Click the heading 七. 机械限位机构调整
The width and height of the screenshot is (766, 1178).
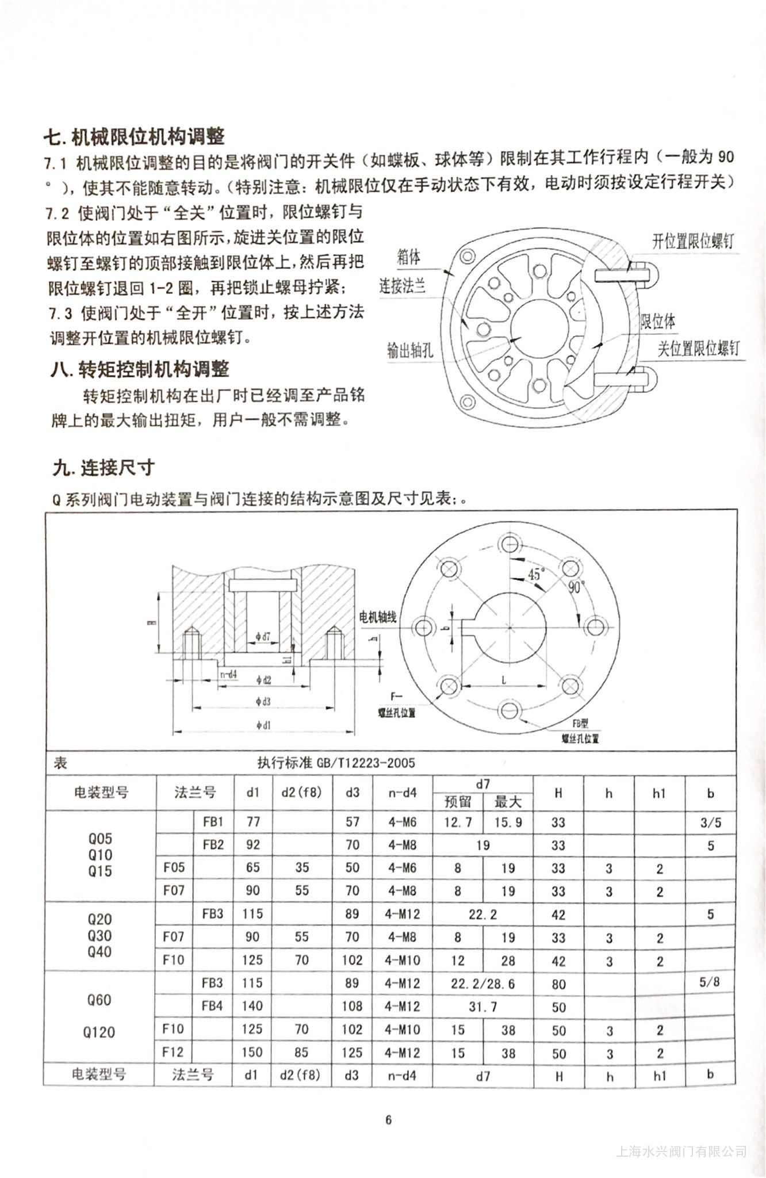(134, 136)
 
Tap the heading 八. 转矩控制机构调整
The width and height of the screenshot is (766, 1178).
(140, 369)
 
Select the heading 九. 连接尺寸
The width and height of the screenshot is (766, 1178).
(104, 468)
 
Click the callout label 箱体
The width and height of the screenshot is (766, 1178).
(408, 257)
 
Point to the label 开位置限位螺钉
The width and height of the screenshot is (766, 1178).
(692, 240)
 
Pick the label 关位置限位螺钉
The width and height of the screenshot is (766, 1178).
(698, 348)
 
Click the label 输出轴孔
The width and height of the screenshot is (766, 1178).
(409, 350)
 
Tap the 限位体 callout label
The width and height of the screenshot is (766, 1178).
(658, 321)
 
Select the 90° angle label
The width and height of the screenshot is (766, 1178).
(576, 587)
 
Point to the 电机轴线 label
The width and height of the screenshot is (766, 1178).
(377, 617)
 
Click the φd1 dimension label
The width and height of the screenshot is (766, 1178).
(263, 725)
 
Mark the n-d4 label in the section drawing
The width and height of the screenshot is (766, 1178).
(228, 674)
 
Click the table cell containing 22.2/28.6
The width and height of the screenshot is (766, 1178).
(482, 983)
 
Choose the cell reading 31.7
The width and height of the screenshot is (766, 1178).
(482, 1006)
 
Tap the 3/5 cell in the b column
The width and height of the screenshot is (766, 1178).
(710, 823)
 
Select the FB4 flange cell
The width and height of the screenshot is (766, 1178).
(212, 1006)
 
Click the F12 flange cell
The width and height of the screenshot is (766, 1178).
(173, 1052)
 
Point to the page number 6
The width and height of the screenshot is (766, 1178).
(388, 1119)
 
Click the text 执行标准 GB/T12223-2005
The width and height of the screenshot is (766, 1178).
(336, 763)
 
